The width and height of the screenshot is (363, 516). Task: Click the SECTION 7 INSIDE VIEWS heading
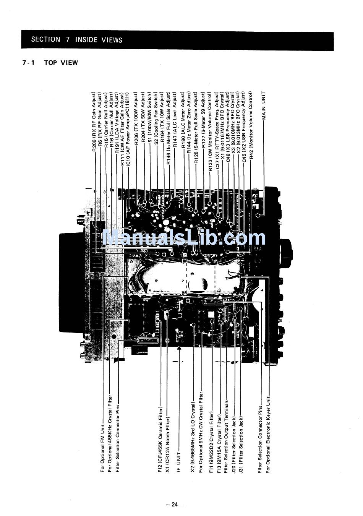click(76, 39)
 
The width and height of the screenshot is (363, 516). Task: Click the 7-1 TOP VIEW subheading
click(50, 63)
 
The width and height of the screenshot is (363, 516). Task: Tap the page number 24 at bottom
click(175, 505)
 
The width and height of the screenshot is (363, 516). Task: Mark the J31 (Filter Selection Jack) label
click(241, 445)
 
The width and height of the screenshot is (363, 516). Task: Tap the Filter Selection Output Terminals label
click(227, 437)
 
